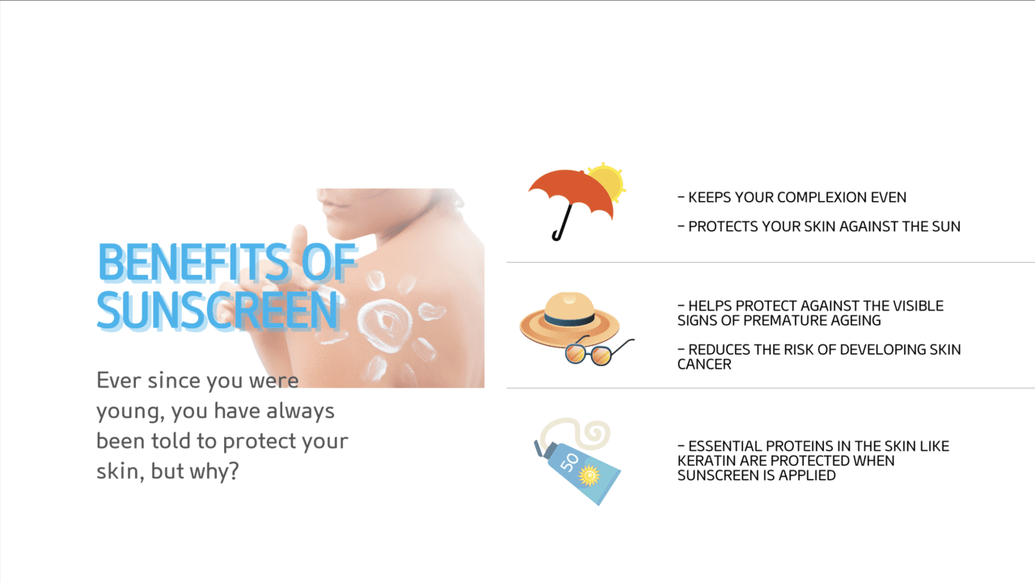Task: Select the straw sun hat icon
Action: pyautogui.click(x=569, y=318)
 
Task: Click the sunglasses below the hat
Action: pyautogui.click(x=599, y=352)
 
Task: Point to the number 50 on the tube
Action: pyautogui.click(x=570, y=462)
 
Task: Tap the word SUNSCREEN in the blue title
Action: pyautogui.click(x=218, y=310)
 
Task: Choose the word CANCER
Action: pyautogui.click(x=704, y=365)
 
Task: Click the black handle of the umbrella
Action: pyautogui.click(x=562, y=222)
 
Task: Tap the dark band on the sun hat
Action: pyautogui.click(x=569, y=319)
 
